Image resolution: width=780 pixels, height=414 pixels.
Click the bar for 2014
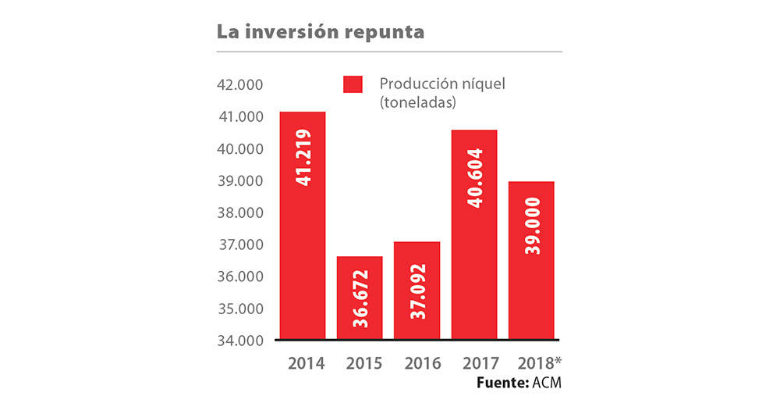click(x=303, y=227)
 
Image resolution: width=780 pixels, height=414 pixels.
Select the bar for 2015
click(x=360, y=298)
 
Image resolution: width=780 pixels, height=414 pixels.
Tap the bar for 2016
click(x=417, y=291)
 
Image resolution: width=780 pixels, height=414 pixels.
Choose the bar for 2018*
click(x=531, y=261)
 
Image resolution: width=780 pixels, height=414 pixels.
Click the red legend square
click(x=353, y=85)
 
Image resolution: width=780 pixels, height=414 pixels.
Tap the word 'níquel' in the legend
click(x=481, y=84)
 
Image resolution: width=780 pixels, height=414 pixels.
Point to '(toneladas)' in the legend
click(x=417, y=102)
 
